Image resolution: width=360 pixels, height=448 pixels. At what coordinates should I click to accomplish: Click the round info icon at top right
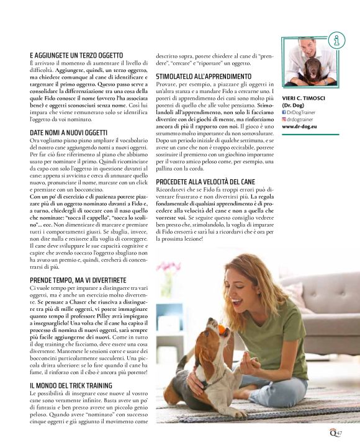[336, 40]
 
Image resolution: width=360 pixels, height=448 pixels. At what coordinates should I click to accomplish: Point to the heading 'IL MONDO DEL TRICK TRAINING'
[71, 385]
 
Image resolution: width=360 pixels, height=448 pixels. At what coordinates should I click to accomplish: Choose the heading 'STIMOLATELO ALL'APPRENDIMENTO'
[201, 76]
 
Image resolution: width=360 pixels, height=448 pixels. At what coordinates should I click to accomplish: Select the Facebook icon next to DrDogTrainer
[285, 112]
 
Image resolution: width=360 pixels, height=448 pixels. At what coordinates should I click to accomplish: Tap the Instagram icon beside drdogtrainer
[285, 119]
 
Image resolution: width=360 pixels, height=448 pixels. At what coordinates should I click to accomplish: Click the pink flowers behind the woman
[168, 271]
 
